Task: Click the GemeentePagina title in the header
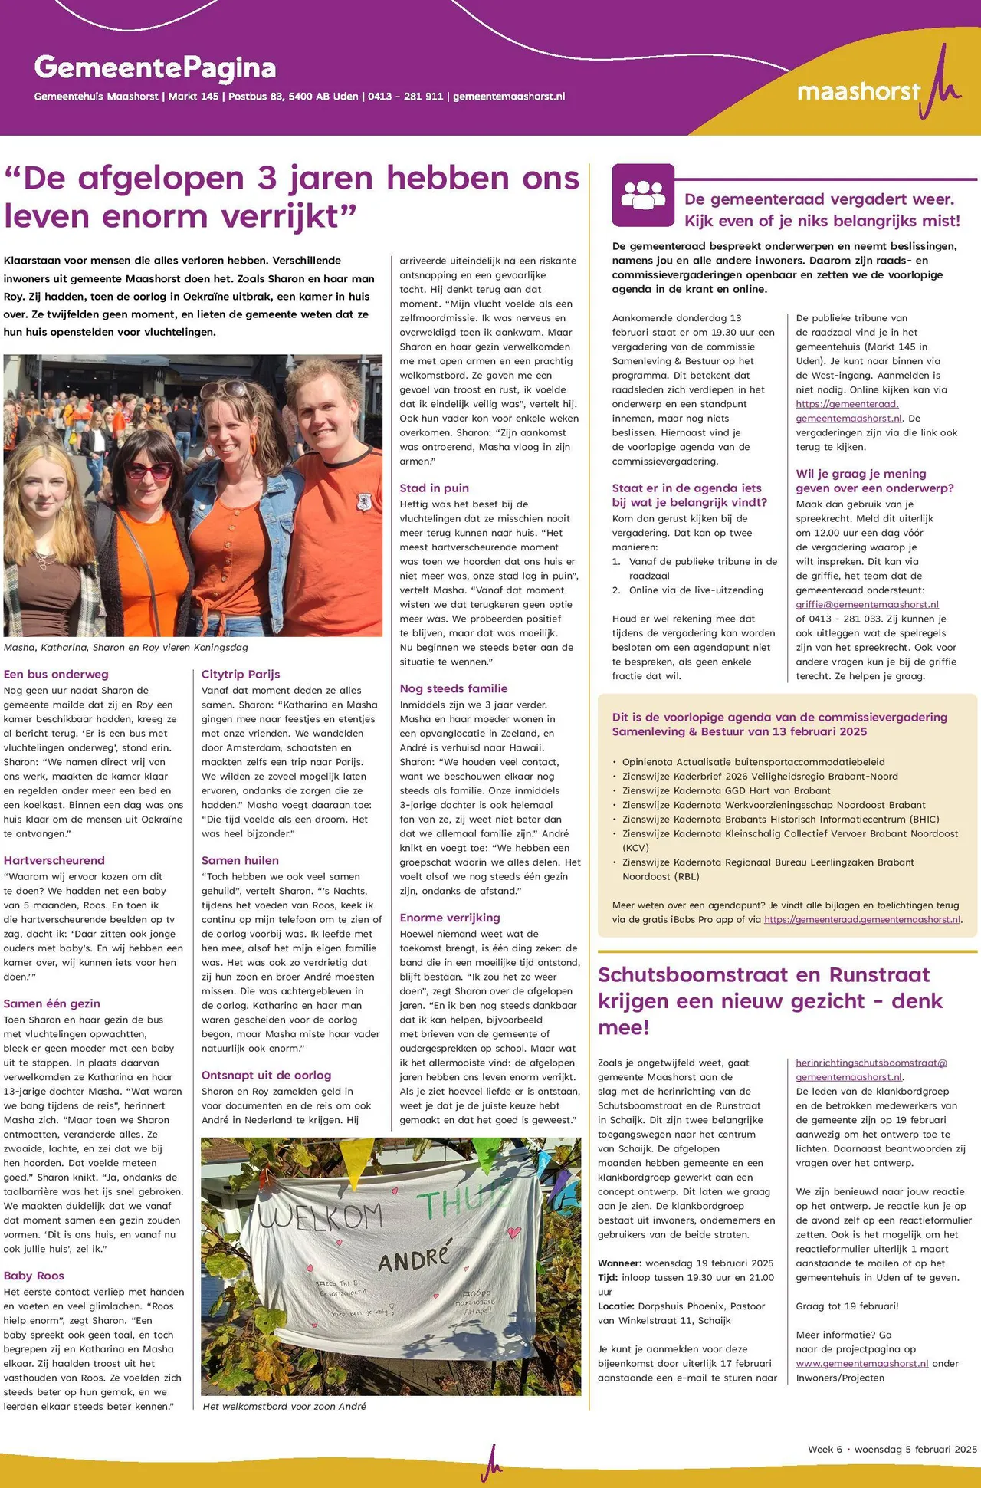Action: [155, 68]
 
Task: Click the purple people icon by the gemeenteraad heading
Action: [643, 195]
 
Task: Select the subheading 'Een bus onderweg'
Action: [56, 675]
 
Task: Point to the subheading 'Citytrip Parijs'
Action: [241, 675]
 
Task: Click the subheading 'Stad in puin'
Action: [434, 488]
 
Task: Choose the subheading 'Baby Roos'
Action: [34, 1276]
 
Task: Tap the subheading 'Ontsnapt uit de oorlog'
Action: [266, 1076]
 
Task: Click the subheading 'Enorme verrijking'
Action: [449, 918]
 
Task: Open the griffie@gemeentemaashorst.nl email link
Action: [867, 605]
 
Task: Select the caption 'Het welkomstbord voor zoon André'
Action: [284, 1406]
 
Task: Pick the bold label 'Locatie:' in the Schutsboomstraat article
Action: [615, 1306]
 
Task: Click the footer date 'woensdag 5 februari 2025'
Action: [915, 1449]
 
